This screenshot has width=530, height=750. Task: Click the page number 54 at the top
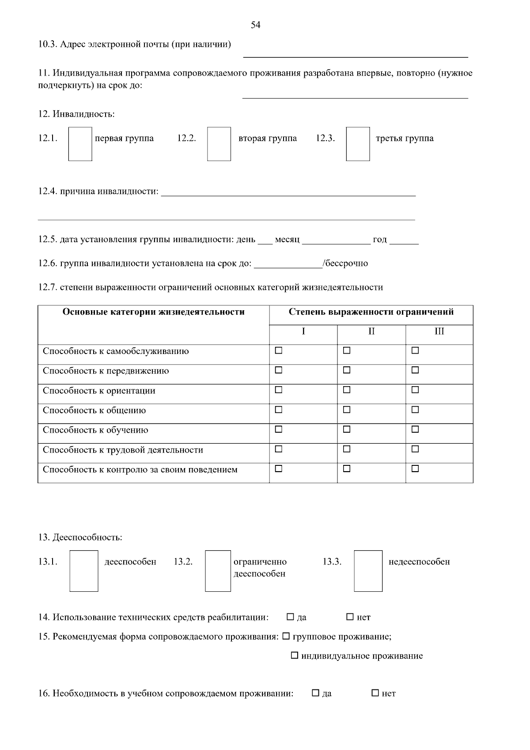pos(255,25)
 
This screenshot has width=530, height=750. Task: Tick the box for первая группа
pos(80,144)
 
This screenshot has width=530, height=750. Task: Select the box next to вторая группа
pos(219,144)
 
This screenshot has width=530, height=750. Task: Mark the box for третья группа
pos(358,144)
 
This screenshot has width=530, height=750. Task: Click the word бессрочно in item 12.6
pos(347,264)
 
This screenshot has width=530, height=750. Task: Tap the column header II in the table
pos(371,331)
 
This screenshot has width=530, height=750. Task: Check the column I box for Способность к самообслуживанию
pos(279,351)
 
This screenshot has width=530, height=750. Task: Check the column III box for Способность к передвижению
pos(415,370)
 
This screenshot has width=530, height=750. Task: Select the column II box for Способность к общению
pos(347,410)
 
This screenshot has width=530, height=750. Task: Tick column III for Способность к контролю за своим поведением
pos(415,469)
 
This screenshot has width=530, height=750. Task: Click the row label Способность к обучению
pos(95,430)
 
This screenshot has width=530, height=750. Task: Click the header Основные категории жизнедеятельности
pos(153,312)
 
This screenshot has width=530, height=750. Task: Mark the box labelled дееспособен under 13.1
pos(84,571)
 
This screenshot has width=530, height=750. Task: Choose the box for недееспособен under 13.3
pos(368,571)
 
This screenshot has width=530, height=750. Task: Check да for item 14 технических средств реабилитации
pos(290,617)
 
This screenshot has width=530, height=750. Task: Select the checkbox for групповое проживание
pos(286,636)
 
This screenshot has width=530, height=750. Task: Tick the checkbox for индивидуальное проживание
pos(295,656)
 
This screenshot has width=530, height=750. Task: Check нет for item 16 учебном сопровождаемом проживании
pos(375,693)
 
